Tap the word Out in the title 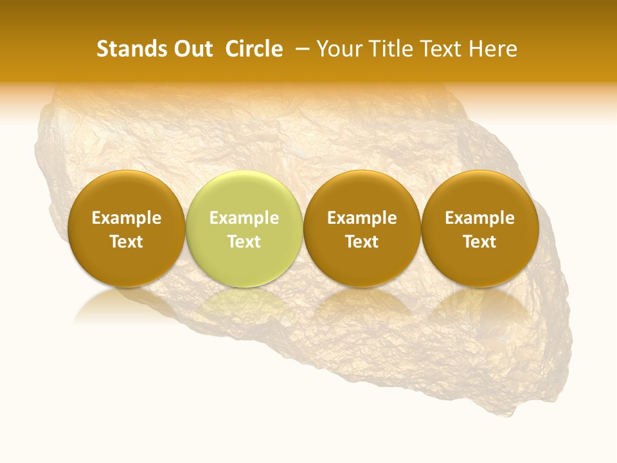tap(192, 49)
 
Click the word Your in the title tap(336, 49)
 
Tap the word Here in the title tap(492, 49)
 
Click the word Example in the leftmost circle tap(127, 218)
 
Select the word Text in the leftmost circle tap(127, 242)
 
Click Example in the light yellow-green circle tap(244, 218)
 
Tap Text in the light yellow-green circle tap(244, 242)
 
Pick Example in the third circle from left tap(362, 218)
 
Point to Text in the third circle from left tap(362, 242)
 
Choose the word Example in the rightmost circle tap(479, 218)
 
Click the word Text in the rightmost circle tap(479, 242)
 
